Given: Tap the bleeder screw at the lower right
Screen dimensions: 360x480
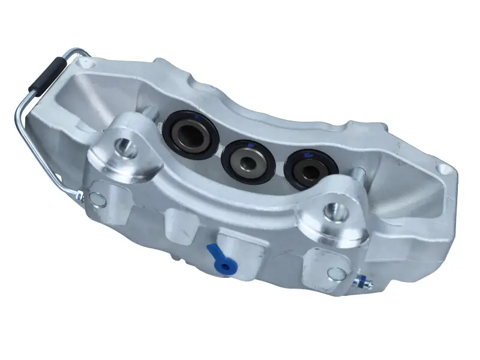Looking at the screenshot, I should point(362,281).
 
